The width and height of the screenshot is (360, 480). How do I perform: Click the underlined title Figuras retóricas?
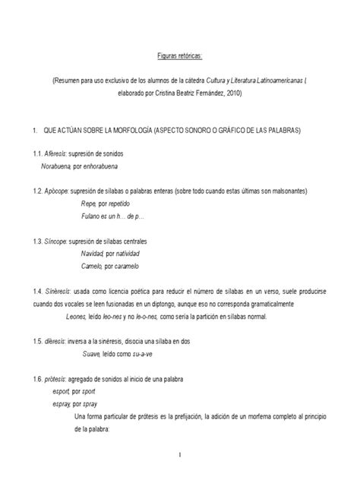[x=180, y=55]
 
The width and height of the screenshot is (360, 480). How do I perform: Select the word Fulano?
[x=92, y=216]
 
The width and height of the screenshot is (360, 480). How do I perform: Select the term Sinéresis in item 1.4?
[x=57, y=291]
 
